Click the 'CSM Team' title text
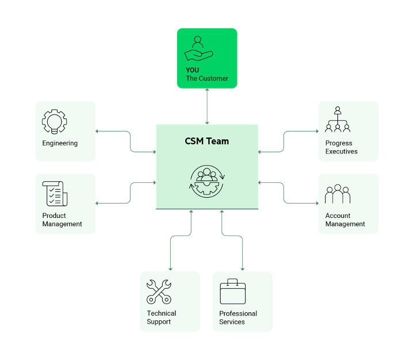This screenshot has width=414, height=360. (x=207, y=141)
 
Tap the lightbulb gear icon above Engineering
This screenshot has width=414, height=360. (x=55, y=122)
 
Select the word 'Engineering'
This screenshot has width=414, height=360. (x=60, y=143)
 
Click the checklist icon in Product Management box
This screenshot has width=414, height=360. (x=55, y=194)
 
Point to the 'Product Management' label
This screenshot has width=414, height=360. (x=62, y=220)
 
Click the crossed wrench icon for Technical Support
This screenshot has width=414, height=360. (x=159, y=292)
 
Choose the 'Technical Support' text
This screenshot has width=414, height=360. (x=161, y=317)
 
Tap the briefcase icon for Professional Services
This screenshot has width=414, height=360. (x=233, y=292)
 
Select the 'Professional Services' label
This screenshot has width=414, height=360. (x=238, y=317)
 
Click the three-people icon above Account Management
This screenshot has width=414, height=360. (x=338, y=194)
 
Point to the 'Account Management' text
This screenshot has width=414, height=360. (x=345, y=220)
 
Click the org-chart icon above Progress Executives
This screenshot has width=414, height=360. (x=338, y=120)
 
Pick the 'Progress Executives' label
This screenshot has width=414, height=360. (x=342, y=147)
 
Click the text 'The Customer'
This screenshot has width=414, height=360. (x=207, y=78)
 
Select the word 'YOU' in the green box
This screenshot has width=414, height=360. (x=193, y=70)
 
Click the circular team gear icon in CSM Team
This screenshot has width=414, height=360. (x=207, y=181)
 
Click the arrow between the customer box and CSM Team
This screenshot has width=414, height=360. (x=207, y=106)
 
